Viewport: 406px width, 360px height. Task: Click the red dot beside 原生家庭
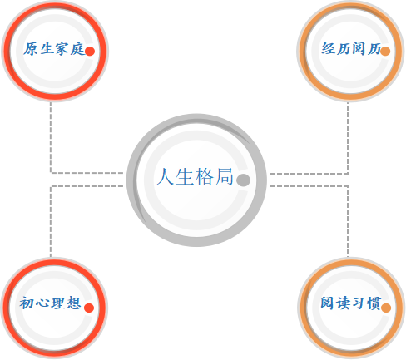point(90,52)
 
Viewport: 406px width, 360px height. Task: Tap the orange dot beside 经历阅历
point(385,52)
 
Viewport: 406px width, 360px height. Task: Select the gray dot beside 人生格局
point(243,180)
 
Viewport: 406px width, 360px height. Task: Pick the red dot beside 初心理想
point(89,308)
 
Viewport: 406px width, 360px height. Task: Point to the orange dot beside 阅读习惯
point(386,308)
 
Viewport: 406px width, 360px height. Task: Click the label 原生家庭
point(54,49)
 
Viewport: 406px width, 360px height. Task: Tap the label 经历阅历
point(351,49)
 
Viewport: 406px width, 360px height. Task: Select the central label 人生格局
point(195,176)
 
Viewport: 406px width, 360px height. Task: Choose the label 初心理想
point(50,303)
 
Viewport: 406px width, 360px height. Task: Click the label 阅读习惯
point(350,303)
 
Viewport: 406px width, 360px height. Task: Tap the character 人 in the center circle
point(165,176)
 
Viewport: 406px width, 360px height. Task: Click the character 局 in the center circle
point(225,176)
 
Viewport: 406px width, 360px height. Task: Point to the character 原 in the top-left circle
point(31,49)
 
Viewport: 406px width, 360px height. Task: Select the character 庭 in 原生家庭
point(77,49)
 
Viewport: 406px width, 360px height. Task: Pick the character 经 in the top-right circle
point(328,49)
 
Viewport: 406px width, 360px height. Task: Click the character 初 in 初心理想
point(27,303)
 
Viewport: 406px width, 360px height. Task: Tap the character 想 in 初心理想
point(74,303)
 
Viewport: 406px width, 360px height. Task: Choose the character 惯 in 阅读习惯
point(374,303)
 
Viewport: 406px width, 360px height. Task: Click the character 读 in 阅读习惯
point(343,303)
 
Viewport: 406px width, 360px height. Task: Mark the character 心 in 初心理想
point(42,303)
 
